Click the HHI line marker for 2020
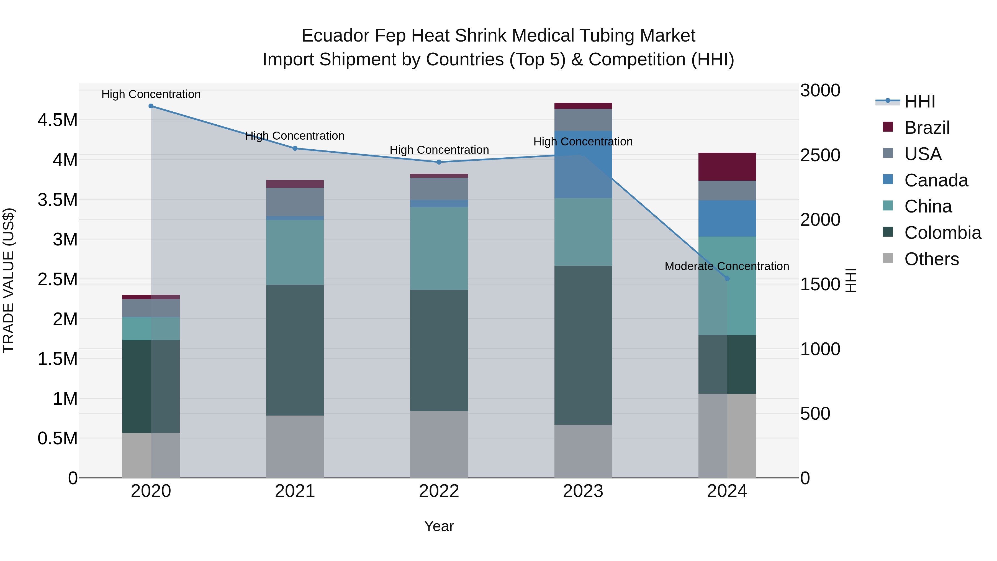(x=151, y=106)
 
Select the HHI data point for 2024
(x=727, y=279)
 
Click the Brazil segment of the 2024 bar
(x=727, y=166)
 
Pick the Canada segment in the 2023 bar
(x=583, y=165)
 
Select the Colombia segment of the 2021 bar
(x=295, y=350)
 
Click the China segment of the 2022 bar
(x=439, y=249)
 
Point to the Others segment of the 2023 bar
(x=583, y=452)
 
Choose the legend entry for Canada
(x=936, y=180)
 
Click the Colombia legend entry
(x=942, y=233)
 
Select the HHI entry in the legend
(x=919, y=101)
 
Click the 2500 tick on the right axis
(x=820, y=155)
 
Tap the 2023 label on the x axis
(x=583, y=491)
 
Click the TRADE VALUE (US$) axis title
(x=9, y=280)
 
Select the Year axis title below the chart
(x=439, y=526)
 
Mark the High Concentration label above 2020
(x=151, y=94)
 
